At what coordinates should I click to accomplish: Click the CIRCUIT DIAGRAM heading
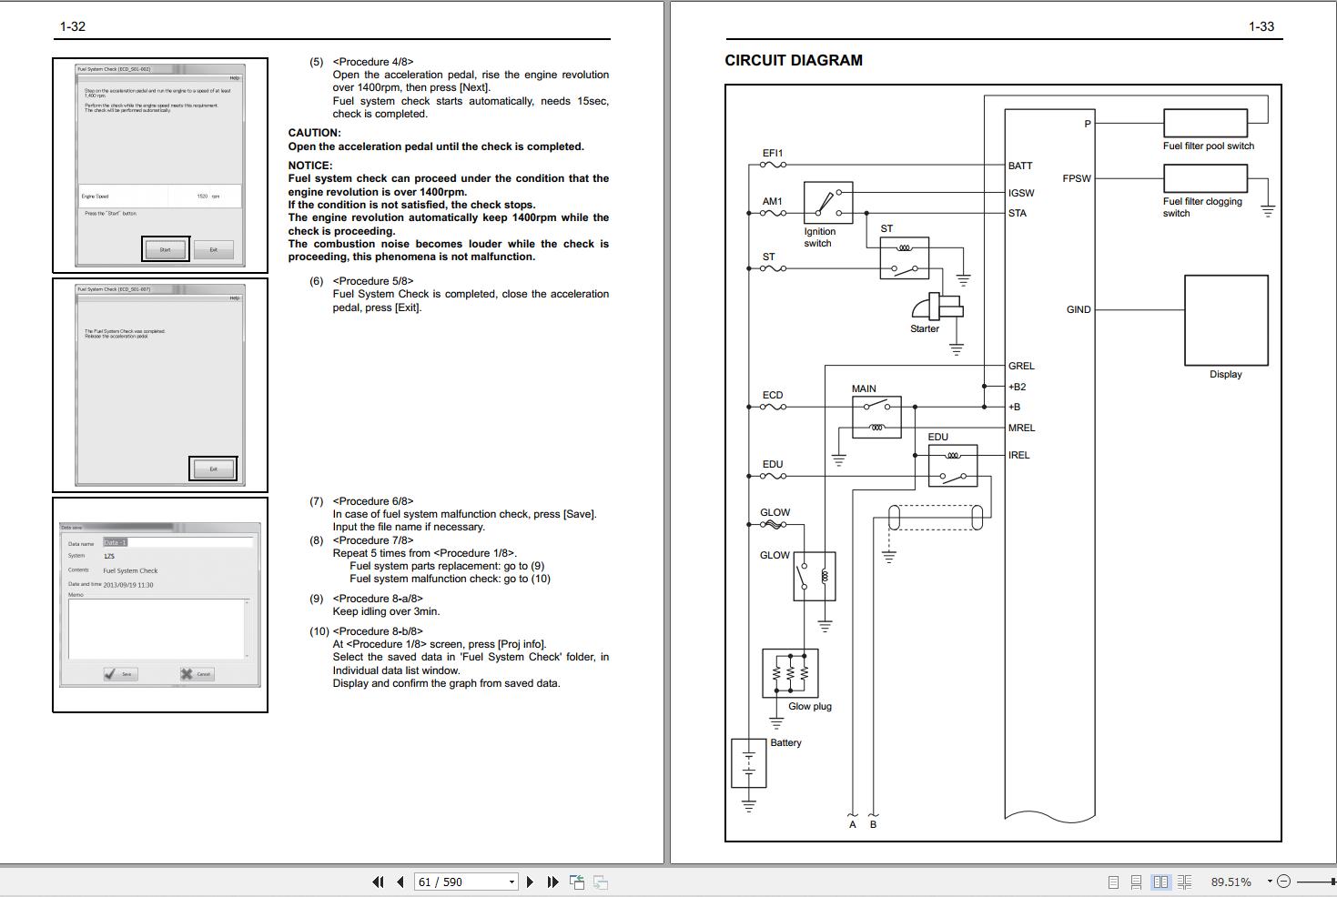click(793, 61)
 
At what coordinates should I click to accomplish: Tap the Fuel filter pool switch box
click(1204, 123)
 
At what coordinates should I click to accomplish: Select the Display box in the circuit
click(1225, 320)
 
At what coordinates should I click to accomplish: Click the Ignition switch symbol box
click(827, 203)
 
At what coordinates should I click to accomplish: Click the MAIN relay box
click(876, 417)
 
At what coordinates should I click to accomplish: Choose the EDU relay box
click(952, 465)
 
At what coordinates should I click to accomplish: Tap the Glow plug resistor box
click(790, 673)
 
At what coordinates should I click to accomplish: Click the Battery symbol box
click(748, 762)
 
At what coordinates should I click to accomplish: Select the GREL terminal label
click(1021, 366)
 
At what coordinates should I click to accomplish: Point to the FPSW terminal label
click(1076, 178)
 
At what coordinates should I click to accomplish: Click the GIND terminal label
click(1078, 309)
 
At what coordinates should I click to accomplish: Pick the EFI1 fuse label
click(772, 154)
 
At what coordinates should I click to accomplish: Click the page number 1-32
click(73, 26)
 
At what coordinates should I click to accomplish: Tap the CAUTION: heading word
click(314, 133)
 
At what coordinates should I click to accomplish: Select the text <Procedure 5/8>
click(373, 281)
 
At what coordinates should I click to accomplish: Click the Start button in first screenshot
click(165, 249)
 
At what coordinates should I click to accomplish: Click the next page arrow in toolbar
click(530, 882)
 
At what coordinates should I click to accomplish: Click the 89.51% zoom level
click(1231, 882)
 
